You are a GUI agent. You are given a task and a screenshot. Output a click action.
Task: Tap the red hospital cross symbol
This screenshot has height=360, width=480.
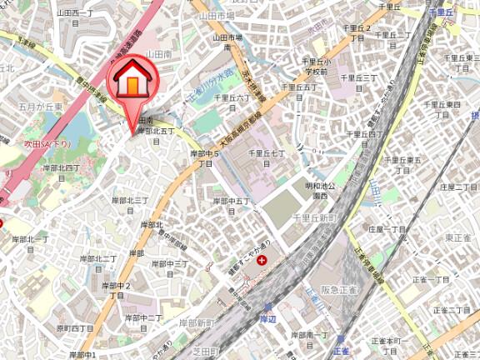[x=263, y=261]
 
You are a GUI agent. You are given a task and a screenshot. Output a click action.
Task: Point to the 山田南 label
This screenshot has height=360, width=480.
[x=158, y=53]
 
